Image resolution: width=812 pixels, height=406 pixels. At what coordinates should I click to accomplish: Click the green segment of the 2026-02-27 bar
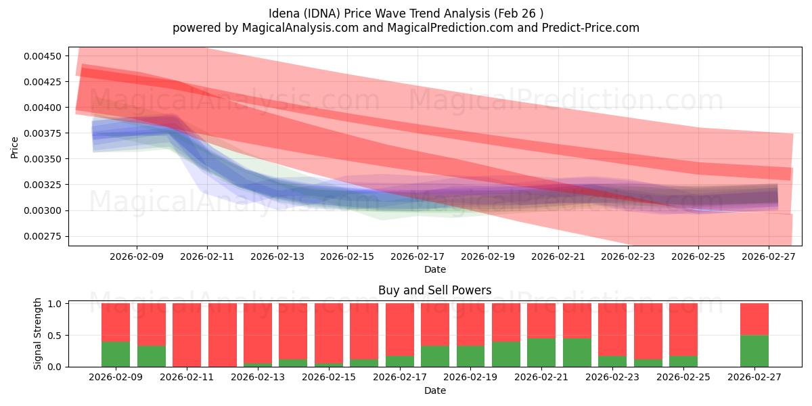(754, 351)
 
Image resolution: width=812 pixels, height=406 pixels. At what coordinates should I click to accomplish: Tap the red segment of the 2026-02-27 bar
(754, 319)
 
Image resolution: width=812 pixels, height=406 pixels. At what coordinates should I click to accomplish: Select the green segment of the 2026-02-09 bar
(116, 354)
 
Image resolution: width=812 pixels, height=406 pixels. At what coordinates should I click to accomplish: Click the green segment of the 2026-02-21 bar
(541, 353)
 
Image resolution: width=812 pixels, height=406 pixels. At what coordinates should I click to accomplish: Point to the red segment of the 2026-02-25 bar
(683, 329)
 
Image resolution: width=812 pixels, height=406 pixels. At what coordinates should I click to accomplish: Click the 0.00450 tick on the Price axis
(42, 56)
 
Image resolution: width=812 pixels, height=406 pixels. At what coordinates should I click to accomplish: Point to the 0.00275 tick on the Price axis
(42, 236)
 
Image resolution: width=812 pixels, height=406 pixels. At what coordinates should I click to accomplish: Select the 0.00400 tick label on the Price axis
(42, 108)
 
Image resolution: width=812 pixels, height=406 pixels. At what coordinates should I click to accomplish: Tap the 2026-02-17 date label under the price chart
(418, 257)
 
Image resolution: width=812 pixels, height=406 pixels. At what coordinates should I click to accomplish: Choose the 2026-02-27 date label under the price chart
(769, 257)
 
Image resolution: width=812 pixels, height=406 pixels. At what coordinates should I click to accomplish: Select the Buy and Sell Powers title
(434, 290)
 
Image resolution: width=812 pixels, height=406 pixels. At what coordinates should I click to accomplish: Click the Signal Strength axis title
(38, 334)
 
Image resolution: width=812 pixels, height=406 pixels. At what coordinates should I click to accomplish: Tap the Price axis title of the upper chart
(15, 147)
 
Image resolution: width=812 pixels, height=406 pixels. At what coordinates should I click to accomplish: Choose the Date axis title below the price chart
(434, 269)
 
